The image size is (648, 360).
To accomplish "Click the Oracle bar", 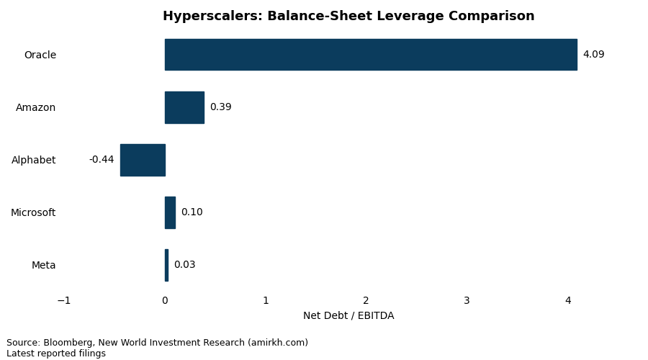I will click(371, 55).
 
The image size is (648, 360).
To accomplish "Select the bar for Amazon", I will click(184, 107).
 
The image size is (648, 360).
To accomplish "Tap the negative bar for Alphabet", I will click(143, 160).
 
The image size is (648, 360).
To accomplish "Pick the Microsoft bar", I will click(170, 212).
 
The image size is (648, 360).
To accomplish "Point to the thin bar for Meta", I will click(166, 265).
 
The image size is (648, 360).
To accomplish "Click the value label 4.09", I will click(593, 55).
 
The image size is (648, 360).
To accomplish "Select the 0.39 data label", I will click(220, 107).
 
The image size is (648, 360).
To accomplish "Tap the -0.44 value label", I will click(102, 160).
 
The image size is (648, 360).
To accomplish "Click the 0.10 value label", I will click(192, 212).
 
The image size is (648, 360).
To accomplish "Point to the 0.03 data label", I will click(184, 265).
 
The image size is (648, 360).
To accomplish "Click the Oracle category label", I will click(40, 55).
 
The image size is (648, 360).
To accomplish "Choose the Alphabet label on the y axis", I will click(34, 161).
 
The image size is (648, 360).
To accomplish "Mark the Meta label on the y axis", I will click(44, 266).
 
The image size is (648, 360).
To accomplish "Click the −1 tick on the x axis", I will click(64, 301).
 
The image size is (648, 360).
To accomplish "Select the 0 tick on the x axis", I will click(165, 301).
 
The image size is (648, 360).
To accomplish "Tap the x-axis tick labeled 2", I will click(366, 301).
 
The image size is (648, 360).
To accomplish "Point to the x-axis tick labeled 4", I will click(567, 301).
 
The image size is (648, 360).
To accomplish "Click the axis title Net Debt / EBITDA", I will click(348, 316).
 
